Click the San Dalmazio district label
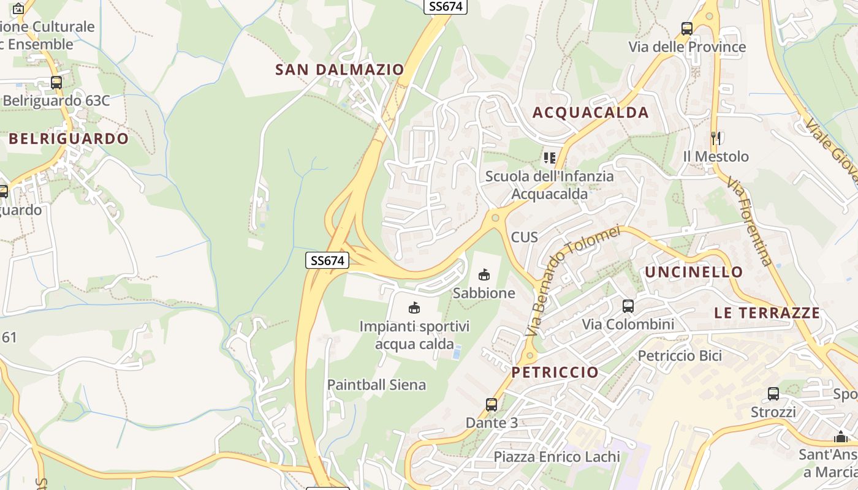[340, 70]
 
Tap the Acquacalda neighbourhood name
[590, 113]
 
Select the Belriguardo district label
[69, 139]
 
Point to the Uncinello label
[694, 272]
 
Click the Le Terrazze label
[767, 313]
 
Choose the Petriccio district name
[555, 372]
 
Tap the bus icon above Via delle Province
[687, 28]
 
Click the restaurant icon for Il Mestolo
[715, 138]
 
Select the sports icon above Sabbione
[484, 274]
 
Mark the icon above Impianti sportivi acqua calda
[414, 307]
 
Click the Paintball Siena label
[376, 385]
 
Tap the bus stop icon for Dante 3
[492, 404]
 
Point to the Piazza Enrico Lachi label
[556, 457]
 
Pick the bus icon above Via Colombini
[628, 306]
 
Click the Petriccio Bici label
[680, 356]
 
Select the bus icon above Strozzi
[773, 393]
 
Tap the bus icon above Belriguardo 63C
[56, 82]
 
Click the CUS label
[524, 237]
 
